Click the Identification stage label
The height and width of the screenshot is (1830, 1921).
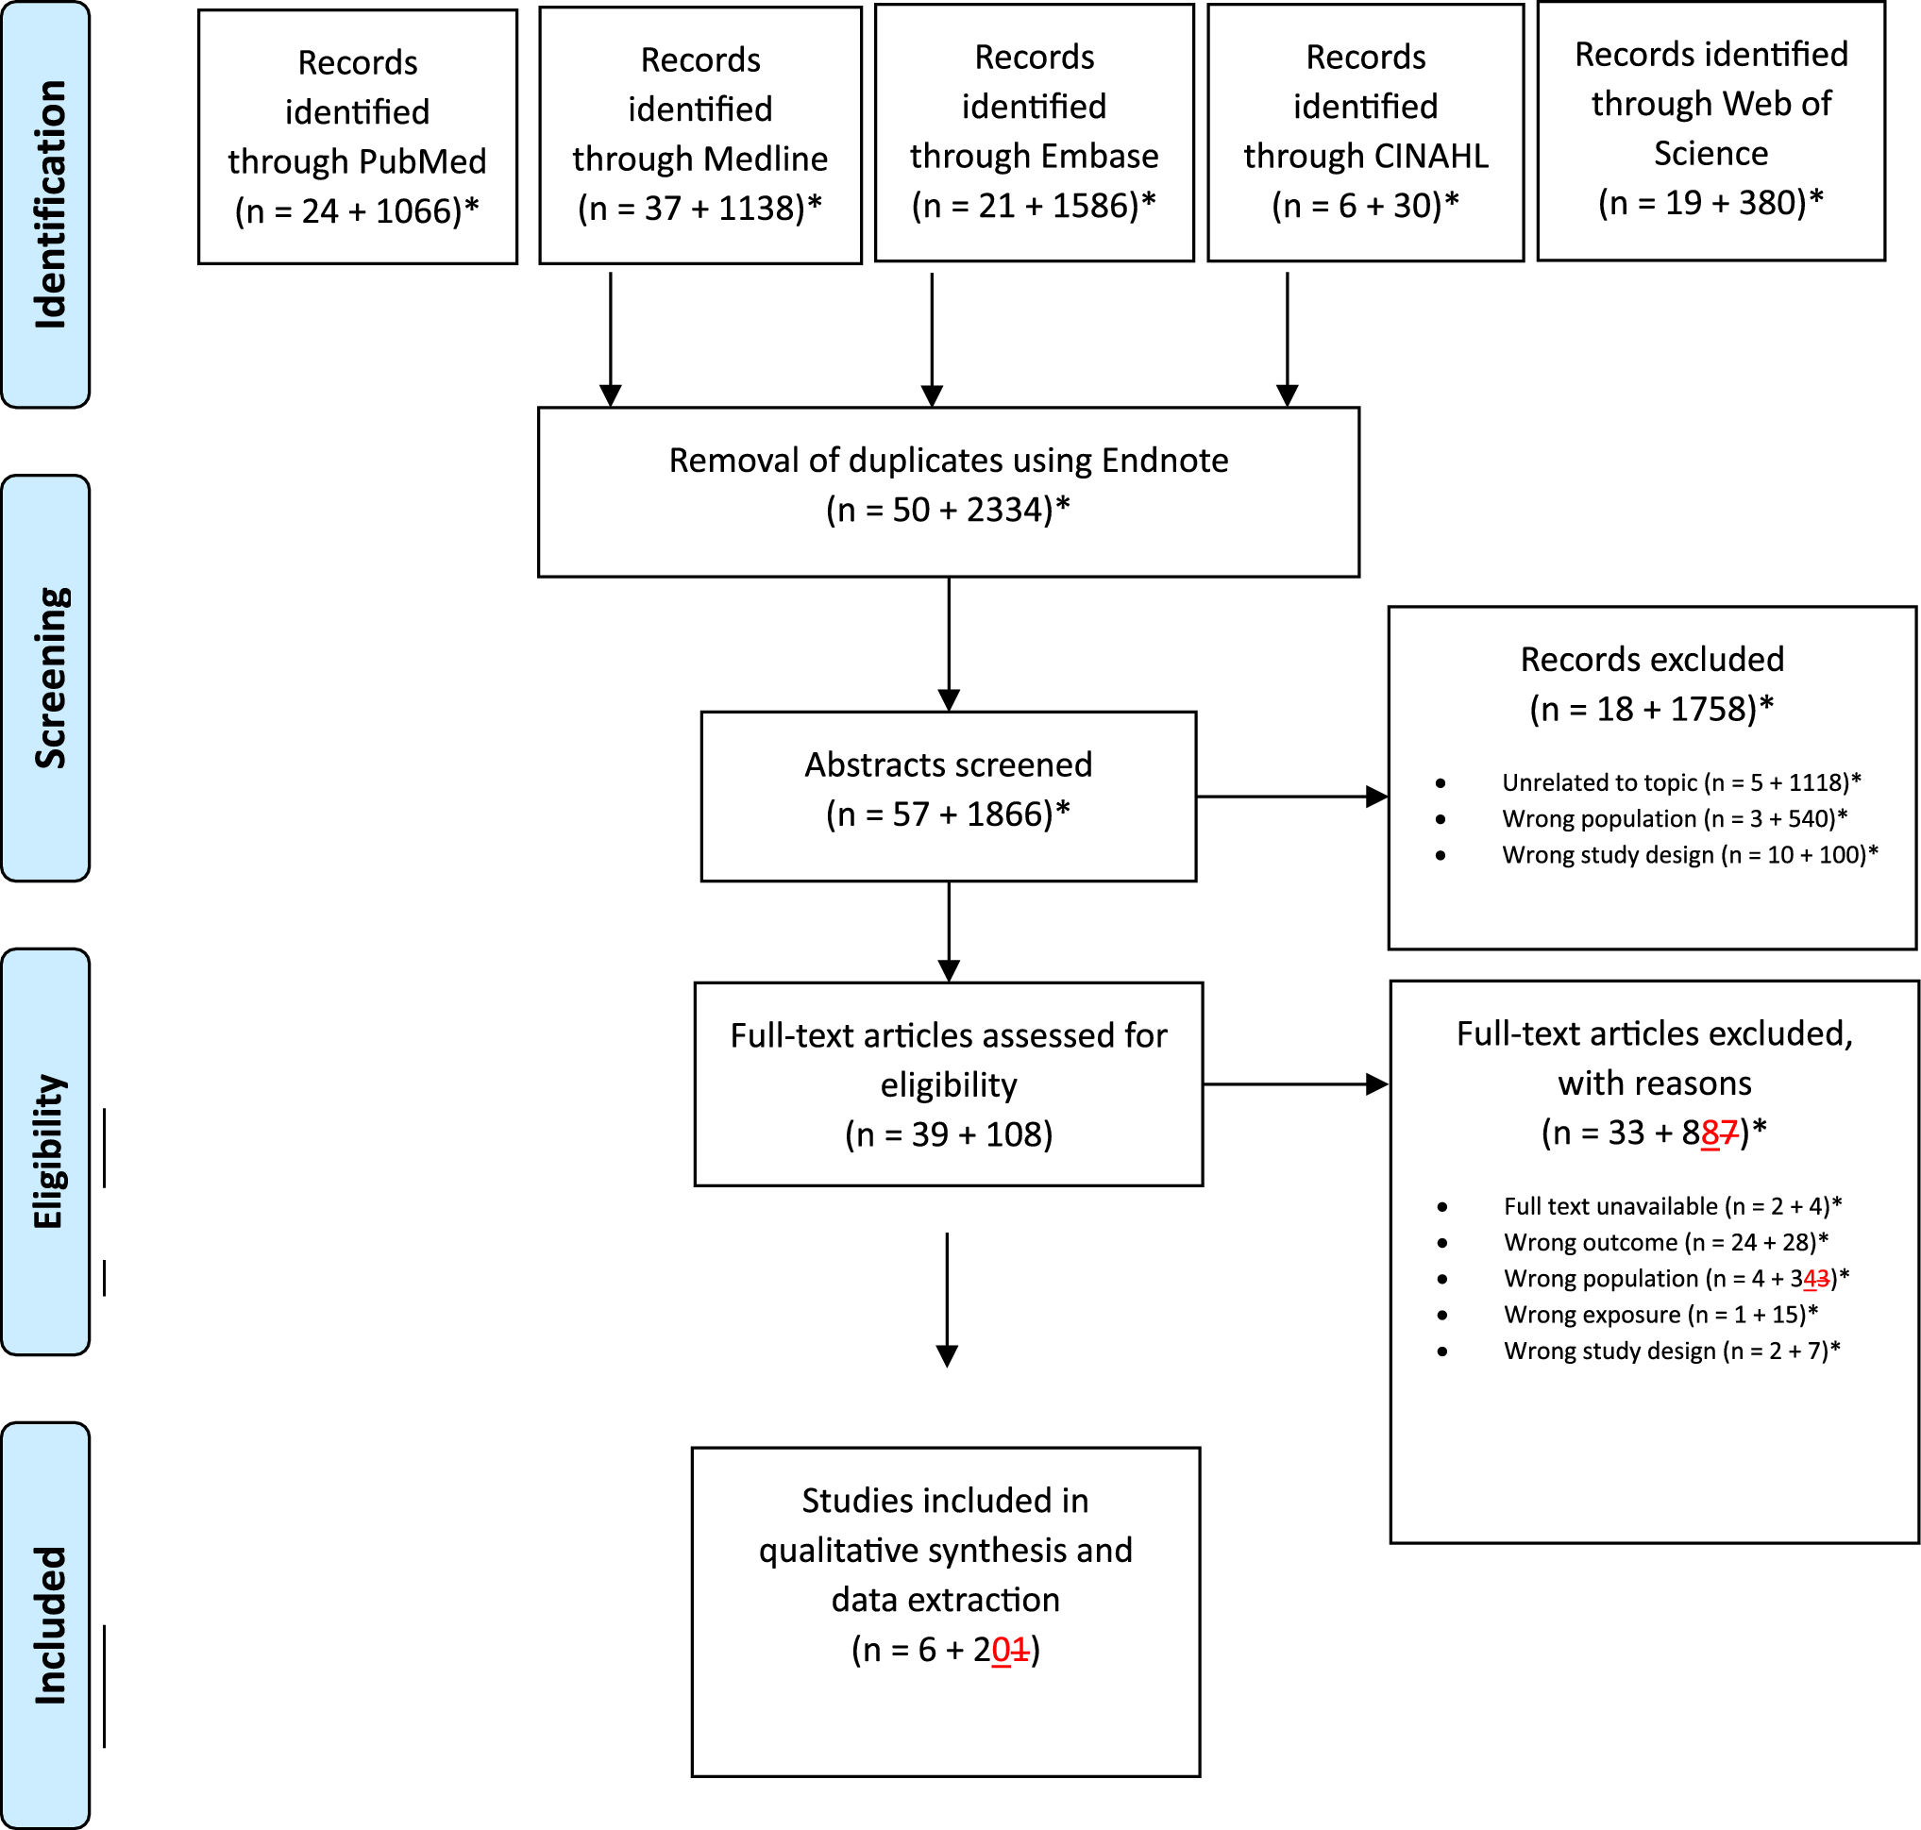[x=49, y=204]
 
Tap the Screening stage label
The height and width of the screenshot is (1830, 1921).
[x=49, y=677]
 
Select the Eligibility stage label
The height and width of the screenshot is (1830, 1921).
[x=49, y=1151]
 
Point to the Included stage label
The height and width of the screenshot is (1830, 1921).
[x=49, y=1624]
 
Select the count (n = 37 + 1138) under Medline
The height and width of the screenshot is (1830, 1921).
[x=699, y=208]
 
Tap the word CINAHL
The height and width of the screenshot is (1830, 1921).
[x=1431, y=156]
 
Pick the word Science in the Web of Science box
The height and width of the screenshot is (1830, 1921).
[x=1710, y=153]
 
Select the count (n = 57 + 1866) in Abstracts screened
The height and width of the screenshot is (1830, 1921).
[x=948, y=814]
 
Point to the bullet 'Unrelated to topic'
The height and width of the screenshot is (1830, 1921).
[x=1680, y=782]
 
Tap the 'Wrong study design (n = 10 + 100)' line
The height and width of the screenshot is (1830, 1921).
[x=1689, y=854]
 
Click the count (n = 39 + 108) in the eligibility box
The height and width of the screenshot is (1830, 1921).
[x=948, y=1133]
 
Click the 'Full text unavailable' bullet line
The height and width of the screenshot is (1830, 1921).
[x=1671, y=1206]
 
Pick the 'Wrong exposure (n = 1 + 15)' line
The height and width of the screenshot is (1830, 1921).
[x=1660, y=1314]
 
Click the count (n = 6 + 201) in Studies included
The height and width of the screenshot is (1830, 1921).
[x=944, y=1649]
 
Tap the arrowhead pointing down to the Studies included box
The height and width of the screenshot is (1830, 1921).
[x=947, y=1356]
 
